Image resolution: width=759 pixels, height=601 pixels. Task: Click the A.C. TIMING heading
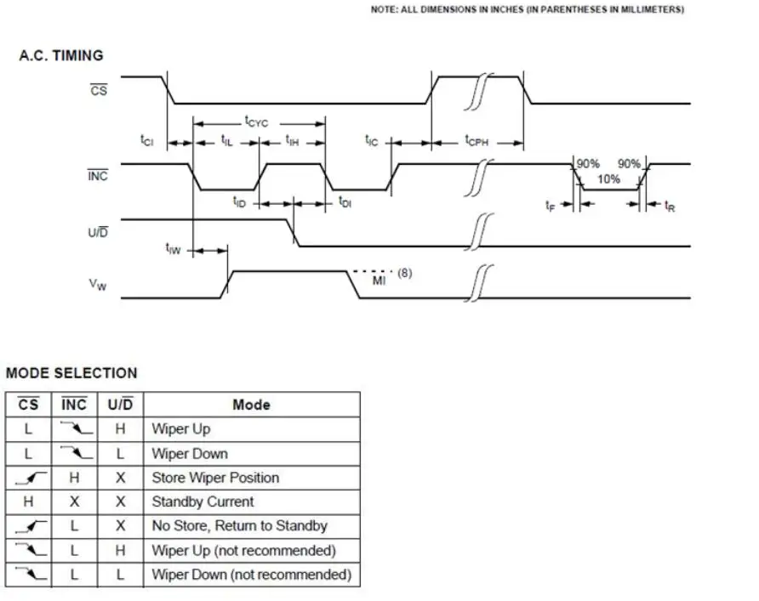pyautogui.click(x=61, y=55)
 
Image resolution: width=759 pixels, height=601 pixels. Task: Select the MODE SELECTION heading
pyautogui.click(x=71, y=372)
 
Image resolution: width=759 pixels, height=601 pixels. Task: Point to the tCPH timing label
pyautogui.click(x=477, y=141)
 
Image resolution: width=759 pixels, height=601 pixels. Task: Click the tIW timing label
pyautogui.click(x=173, y=248)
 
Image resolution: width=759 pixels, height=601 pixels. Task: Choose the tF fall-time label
pyautogui.click(x=551, y=206)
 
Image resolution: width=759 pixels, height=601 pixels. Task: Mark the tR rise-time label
pyautogui.click(x=670, y=206)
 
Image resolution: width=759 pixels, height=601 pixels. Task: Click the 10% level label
pyautogui.click(x=608, y=179)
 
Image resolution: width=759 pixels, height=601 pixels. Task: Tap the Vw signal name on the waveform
pyautogui.click(x=98, y=285)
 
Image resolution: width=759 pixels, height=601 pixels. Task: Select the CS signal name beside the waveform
pyautogui.click(x=99, y=88)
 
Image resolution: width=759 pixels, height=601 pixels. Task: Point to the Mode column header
pyautogui.click(x=251, y=405)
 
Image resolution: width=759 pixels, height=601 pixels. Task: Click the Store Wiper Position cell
pyautogui.click(x=215, y=478)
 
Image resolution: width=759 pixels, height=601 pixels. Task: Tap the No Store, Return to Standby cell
pyautogui.click(x=239, y=526)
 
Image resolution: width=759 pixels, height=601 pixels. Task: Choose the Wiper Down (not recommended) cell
pyautogui.click(x=251, y=575)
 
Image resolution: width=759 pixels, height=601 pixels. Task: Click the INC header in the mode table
pyautogui.click(x=74, y=405)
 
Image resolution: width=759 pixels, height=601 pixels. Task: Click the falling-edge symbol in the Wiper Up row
pyautogui.click(x=74, y=428)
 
